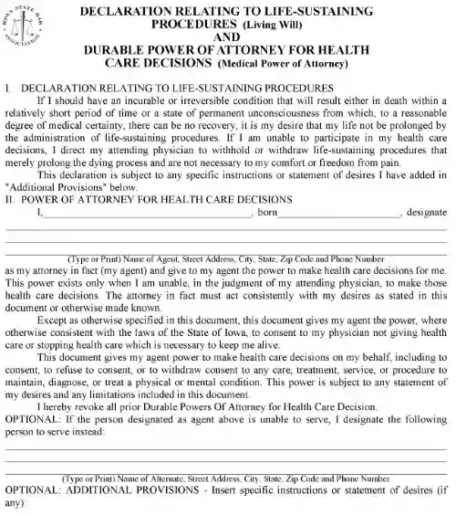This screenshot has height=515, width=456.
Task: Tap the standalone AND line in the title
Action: click(227, 37)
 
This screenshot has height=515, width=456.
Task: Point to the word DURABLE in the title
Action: click(118, 51)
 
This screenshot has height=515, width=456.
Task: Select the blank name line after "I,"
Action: click(146, 213)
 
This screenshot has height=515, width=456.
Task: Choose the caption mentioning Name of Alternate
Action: click(227, 478)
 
